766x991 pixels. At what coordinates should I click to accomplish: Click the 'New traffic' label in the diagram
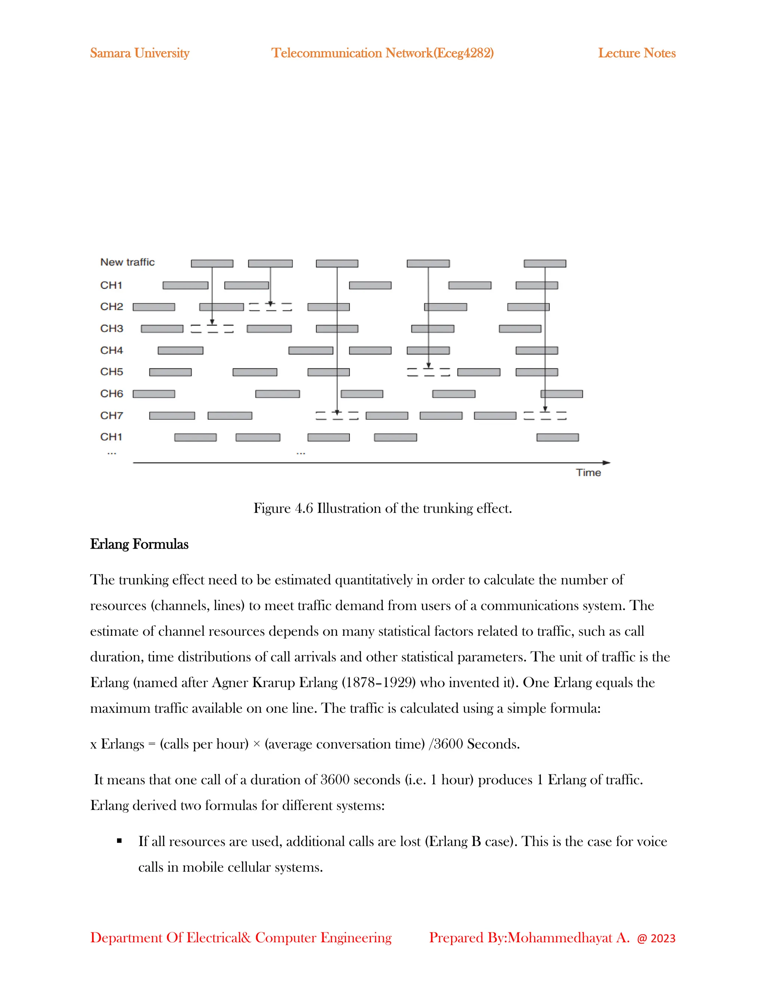pos(127,262)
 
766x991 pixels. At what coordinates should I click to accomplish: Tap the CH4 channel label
pos(111,350)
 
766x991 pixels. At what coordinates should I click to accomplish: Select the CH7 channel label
pos(111,415)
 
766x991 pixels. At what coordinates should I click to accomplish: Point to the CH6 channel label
pos(111,393)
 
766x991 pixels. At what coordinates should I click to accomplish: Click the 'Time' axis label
pos(588,473)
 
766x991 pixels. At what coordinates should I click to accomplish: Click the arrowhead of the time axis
pos(607,463)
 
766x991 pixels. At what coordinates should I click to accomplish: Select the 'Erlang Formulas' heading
pos(139,544)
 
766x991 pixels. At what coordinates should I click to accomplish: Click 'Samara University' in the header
pos(139,53)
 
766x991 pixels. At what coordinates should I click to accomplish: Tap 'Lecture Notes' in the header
pos(636,53)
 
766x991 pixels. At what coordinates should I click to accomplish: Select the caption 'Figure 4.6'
pos(283,508)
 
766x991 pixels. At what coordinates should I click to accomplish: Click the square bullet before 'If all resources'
pos(119,841)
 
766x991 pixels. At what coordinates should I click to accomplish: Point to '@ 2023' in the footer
pos(656,938)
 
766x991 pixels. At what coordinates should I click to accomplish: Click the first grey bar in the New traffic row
pos(212,264)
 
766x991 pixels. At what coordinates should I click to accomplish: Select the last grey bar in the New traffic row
pos(545,264)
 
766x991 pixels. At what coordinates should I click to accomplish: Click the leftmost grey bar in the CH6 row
pos(154,394)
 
